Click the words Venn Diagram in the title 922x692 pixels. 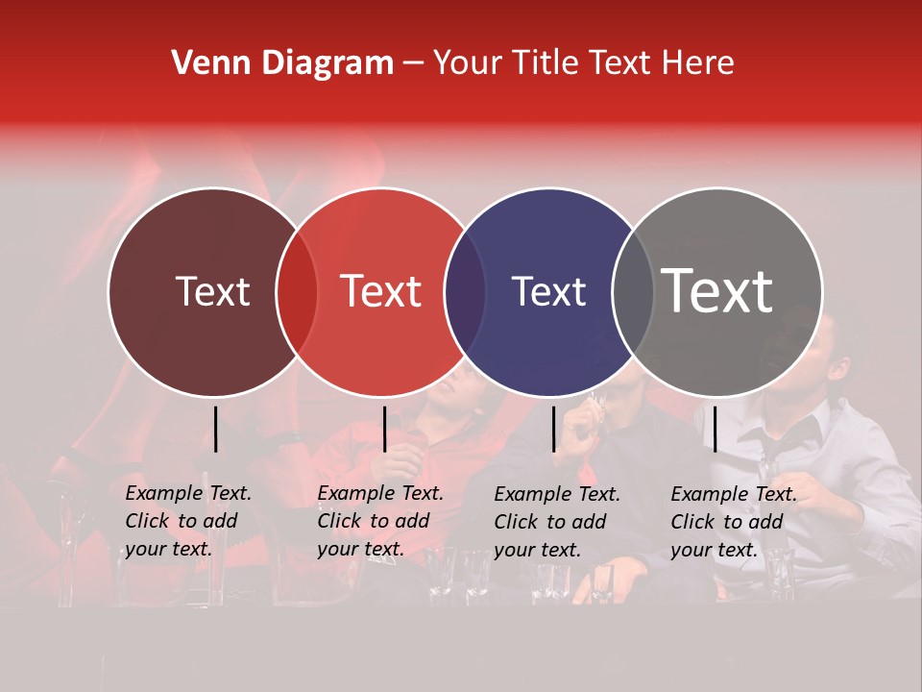282,63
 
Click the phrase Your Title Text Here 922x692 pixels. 583,63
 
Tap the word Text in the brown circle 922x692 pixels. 212,291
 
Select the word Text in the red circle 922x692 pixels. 381,291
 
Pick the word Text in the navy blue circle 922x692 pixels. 548,291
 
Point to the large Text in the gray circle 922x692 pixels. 717,290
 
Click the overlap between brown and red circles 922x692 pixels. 297,291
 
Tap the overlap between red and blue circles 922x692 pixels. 465,291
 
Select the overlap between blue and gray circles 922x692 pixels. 632,291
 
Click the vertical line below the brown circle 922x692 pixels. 216,429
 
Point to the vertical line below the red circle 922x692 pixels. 384,429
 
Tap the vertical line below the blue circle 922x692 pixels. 554,429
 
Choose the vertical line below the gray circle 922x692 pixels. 715,429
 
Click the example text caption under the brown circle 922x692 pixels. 188,521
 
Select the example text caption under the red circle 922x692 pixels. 380,521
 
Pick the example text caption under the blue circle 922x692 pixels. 557,522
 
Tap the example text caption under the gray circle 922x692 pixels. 734,522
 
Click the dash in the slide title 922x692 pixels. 413,64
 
